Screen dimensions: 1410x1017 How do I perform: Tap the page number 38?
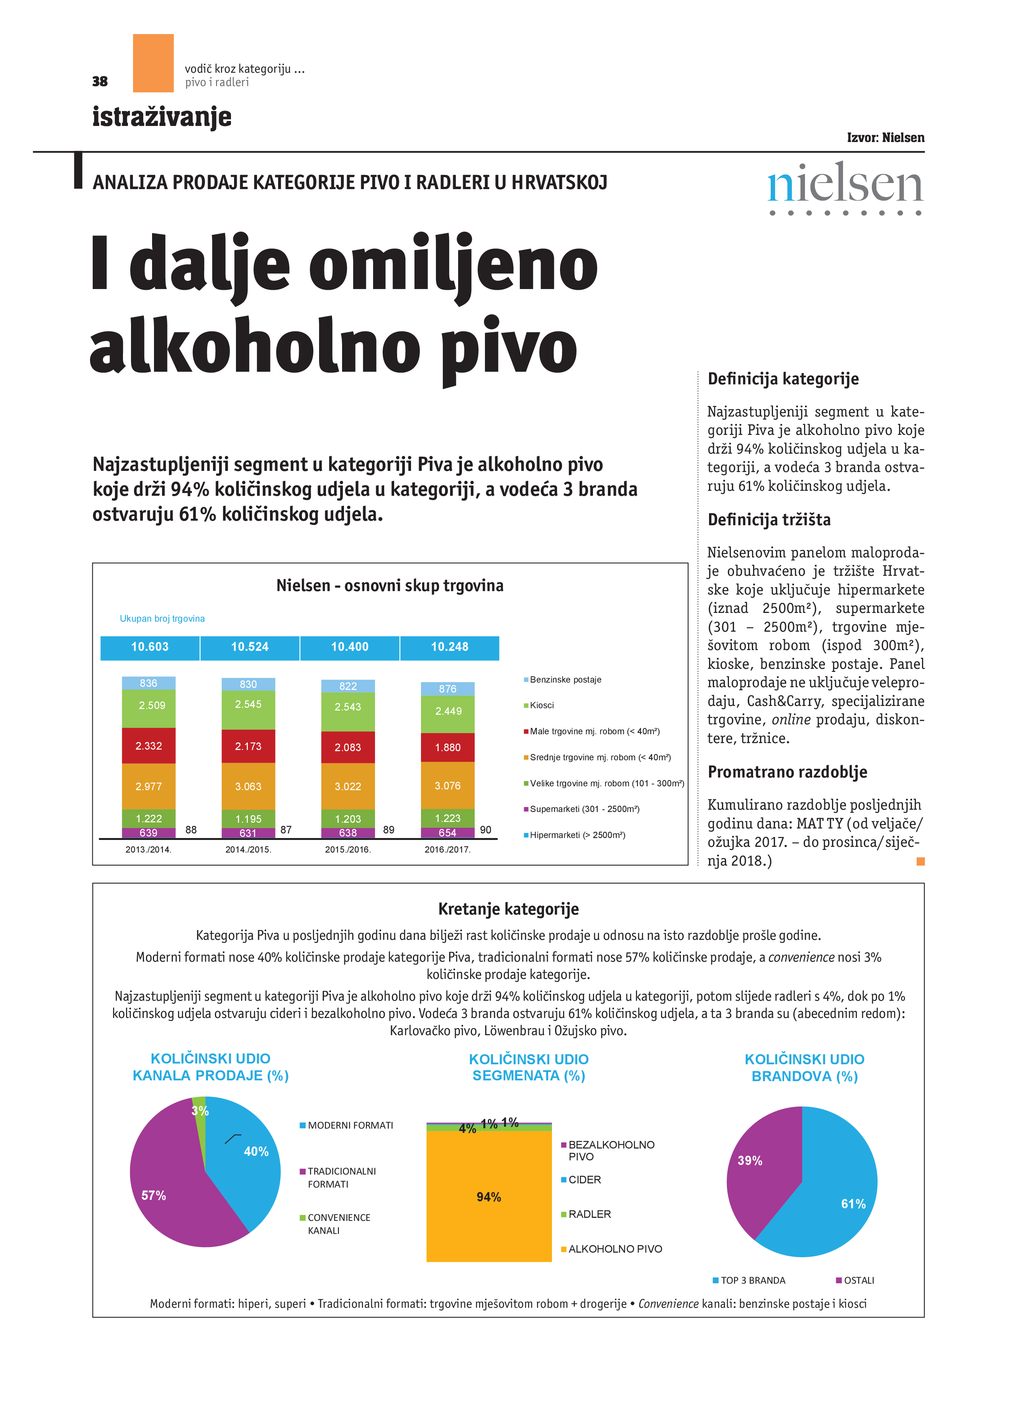(100, 82)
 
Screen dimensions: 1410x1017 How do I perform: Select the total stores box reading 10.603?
(150, 647)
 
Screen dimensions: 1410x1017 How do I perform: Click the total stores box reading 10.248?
(449, 647)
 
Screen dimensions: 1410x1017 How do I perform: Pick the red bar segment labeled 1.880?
(447, 747)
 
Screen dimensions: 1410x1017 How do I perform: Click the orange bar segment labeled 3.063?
(248, 786)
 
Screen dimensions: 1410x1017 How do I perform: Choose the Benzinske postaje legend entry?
(564, 680)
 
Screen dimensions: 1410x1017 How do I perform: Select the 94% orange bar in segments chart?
(489, 1197)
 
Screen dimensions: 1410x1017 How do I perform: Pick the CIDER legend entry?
(584, 1180)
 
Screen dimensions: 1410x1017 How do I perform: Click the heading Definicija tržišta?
(769, 520)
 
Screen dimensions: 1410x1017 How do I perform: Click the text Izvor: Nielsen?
(885, 137)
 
